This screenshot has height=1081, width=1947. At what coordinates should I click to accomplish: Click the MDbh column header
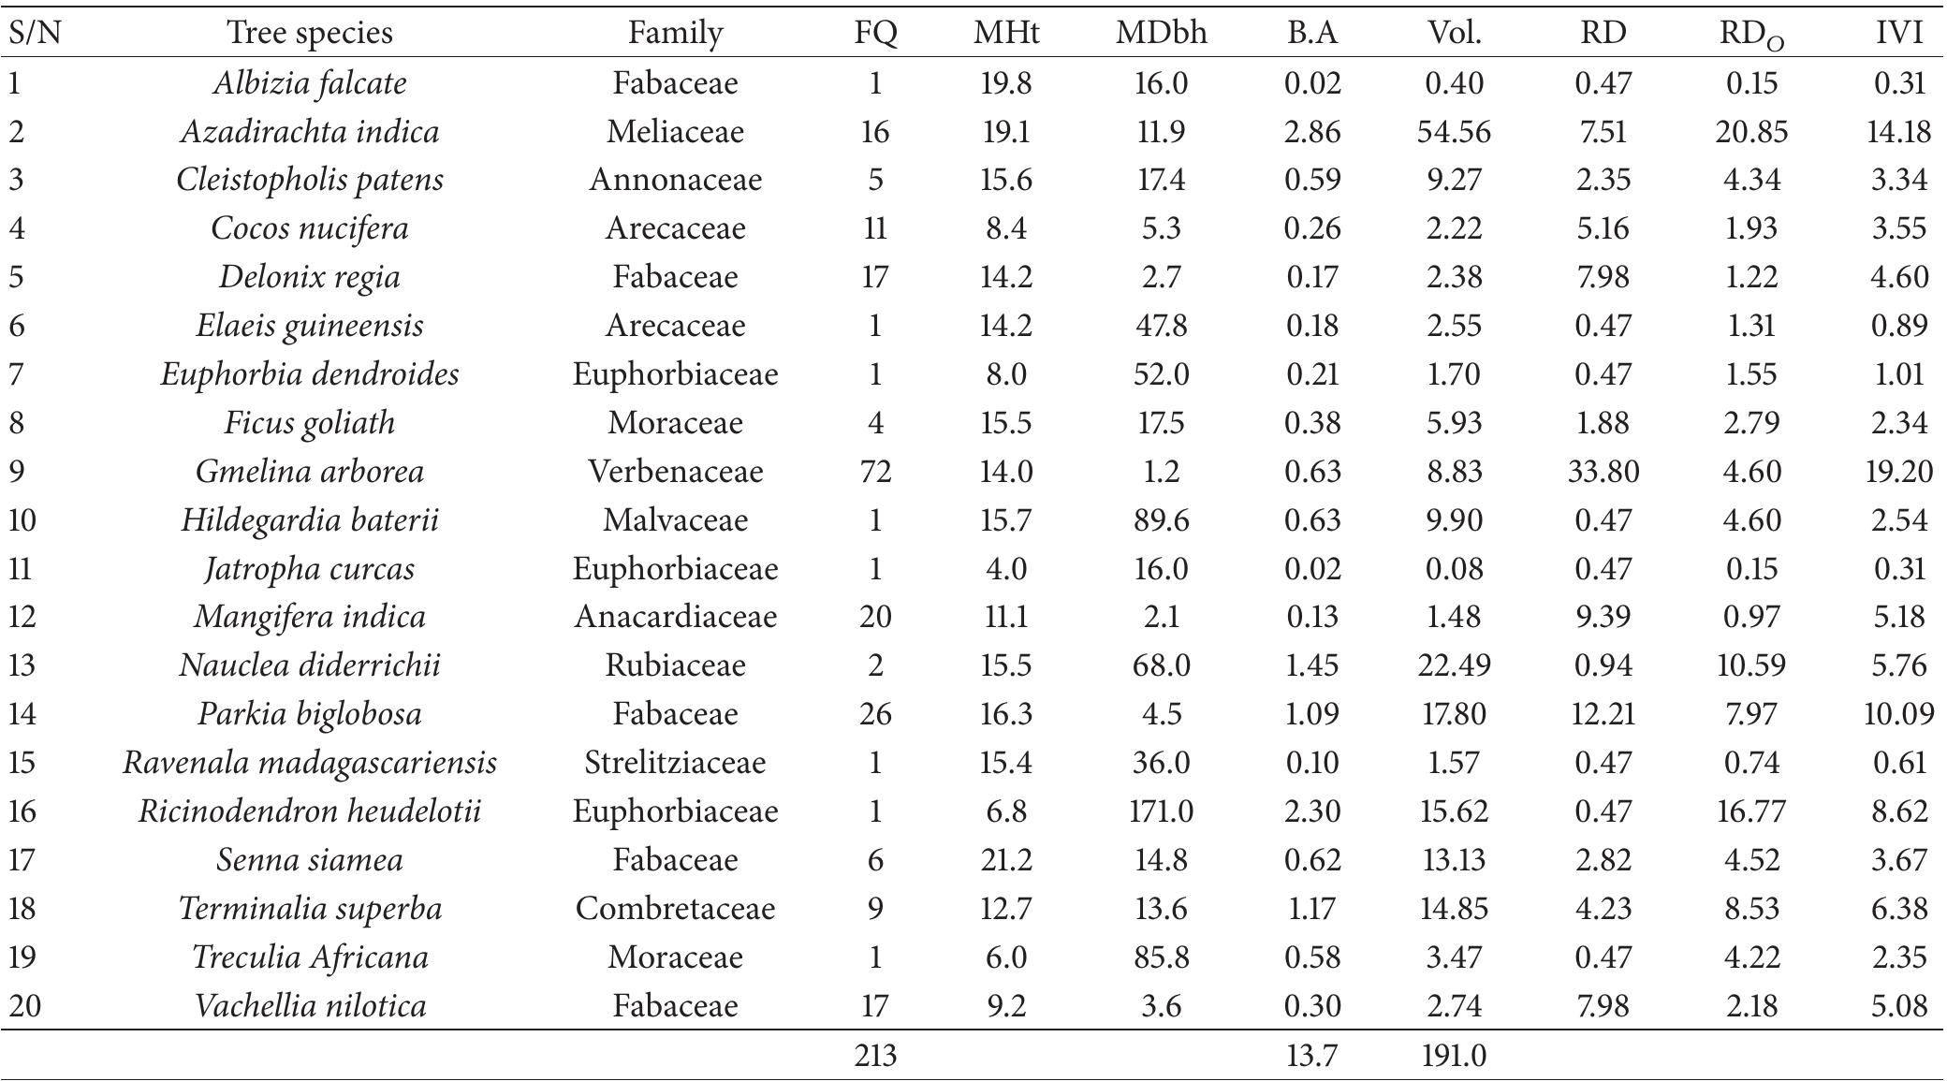[1161, 34]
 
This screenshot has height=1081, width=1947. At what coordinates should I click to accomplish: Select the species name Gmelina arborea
[310, 471]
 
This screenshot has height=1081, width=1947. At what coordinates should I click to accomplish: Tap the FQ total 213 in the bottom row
[875, 1056]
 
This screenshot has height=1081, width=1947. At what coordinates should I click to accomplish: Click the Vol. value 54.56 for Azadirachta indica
[1454, 131]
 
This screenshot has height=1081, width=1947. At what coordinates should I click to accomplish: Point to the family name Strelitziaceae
[675, 763]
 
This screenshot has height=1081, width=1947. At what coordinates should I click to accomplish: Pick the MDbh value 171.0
[1161, 811]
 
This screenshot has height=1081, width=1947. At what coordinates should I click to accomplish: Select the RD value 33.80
[1603, 471]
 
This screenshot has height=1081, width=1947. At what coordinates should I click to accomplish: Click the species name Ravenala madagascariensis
[310, 763]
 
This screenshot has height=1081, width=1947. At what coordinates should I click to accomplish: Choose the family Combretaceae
[675, 909]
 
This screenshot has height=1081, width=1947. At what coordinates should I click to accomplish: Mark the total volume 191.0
[1454, 1056]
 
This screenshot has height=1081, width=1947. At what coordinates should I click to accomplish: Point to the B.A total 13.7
[1311, 1056]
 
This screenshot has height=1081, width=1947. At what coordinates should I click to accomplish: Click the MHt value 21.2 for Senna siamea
[1006, 860]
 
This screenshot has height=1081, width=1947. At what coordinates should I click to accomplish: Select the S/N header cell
[35, 34]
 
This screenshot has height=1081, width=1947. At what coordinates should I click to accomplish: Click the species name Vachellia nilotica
[310, 1006]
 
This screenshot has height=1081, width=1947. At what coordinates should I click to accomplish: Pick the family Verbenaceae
[675, 471]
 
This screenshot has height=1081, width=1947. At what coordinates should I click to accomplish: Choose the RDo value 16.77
[1750, 811]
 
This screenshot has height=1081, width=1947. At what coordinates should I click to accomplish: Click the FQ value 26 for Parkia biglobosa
[875, 714]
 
